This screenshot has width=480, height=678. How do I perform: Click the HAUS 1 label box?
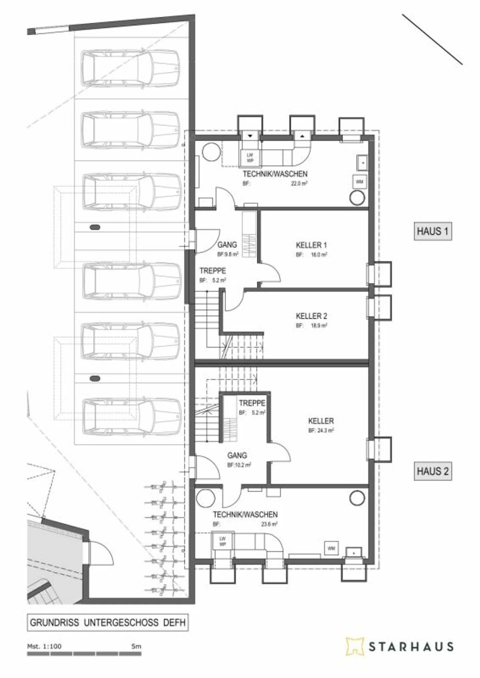[432, 231]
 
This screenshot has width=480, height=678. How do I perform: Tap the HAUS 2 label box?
[432, 471]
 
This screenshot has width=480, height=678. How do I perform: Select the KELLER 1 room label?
[311, 245]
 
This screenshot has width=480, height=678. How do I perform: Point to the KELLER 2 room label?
[311, 316]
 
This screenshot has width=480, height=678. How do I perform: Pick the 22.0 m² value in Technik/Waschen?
[299, 183]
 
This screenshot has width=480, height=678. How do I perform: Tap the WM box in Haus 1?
[359, 182]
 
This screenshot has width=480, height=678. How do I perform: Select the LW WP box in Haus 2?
[222, 541]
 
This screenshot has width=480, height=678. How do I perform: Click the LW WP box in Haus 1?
[250, 158]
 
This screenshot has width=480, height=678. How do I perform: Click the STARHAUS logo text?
[411, 647]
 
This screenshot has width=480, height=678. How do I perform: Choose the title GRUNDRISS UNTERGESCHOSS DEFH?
[108, 622]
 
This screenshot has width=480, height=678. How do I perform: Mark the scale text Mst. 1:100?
[44, 646]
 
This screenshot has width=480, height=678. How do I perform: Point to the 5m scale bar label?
[136, 646]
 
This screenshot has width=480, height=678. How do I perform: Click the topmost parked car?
[130, 68]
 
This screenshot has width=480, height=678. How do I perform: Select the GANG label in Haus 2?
[237, 455]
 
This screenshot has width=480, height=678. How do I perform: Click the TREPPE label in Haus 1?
[212, 271]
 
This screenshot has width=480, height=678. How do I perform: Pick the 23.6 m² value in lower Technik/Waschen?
[269, 524]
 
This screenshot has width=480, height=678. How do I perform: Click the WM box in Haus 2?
[331, 548]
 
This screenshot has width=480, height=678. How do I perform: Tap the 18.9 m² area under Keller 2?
[319, 326]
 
